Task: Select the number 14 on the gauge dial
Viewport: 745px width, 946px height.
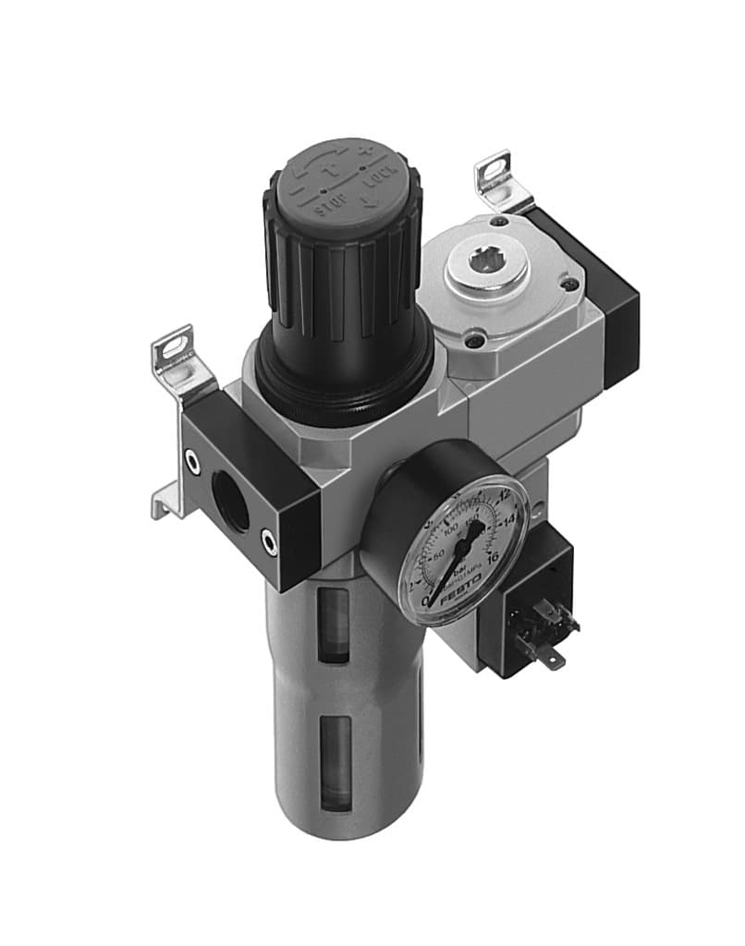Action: coord(507,522)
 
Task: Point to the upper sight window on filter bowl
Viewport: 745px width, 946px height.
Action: coord(333,625)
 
